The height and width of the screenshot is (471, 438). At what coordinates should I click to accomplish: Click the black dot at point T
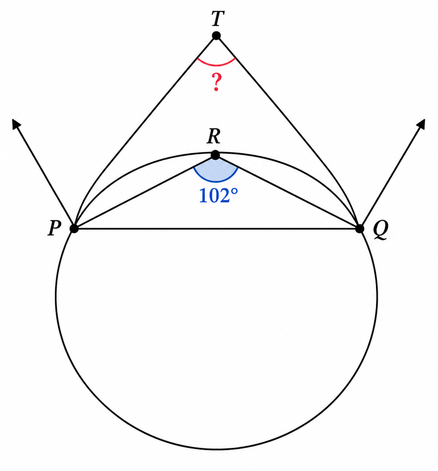coord(216,36)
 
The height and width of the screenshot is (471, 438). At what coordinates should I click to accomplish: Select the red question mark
coord(216,82)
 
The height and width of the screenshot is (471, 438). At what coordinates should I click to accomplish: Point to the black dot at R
coord(215,155)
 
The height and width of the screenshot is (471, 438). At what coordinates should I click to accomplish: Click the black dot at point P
coord(74,229)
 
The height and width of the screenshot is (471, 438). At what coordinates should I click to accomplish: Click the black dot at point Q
coord(360,229)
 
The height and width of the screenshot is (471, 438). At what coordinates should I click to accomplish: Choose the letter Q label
coord(380,230)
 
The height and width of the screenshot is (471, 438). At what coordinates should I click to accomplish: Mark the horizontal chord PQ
coord(217,229)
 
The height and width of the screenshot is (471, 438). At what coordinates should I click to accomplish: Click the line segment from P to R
coord(145,192)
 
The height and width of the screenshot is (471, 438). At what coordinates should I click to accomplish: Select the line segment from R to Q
coord(288,192)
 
